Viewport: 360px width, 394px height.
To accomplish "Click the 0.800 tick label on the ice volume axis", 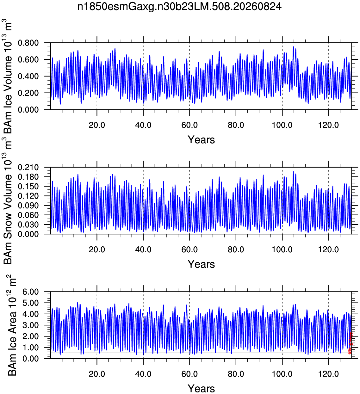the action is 28,43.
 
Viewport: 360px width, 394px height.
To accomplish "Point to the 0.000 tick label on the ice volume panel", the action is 28,110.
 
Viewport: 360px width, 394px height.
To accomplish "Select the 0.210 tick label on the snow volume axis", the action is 28,167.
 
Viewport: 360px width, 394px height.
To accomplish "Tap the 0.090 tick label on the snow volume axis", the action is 28,206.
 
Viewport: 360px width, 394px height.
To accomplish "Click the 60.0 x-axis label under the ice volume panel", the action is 189,125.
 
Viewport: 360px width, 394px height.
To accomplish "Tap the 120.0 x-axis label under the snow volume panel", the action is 329,249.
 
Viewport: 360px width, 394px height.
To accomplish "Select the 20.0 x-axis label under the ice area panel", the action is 97,374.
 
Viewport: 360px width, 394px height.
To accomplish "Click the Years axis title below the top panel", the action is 201,140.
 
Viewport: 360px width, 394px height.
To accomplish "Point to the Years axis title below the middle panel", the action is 201,264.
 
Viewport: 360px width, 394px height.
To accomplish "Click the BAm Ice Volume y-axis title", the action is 8,76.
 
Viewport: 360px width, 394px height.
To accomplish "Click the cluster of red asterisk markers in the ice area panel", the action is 351,343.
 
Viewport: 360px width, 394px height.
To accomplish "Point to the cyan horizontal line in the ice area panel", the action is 201,328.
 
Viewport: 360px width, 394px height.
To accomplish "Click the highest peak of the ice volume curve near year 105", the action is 293,47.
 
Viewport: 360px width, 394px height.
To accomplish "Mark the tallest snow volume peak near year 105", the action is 293,172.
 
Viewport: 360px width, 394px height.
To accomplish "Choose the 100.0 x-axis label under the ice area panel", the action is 282,374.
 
